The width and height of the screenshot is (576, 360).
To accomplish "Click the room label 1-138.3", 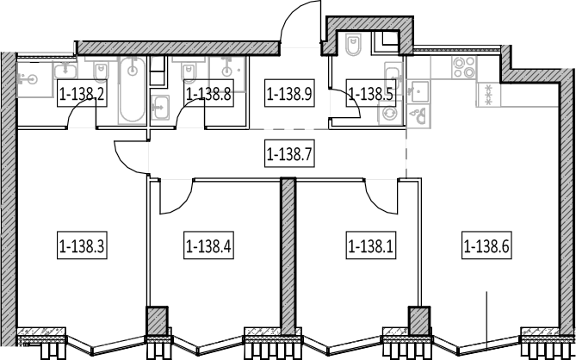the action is click(82, 246).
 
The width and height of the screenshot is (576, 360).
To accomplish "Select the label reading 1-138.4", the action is click(208, 246).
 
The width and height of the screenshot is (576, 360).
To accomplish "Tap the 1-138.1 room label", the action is click(370, 246).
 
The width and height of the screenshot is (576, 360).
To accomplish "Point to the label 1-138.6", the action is click(486, 246).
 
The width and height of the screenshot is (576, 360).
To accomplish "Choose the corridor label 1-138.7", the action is click(289, 154).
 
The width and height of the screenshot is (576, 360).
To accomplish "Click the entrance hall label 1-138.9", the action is click(289, 94).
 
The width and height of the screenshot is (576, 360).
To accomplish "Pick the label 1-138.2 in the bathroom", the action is click(82, 94).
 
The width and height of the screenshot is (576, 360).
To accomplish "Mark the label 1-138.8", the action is click(208, 94).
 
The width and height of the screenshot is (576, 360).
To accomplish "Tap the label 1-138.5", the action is click(370, 94).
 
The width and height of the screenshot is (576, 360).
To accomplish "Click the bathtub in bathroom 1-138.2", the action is click(133, 90).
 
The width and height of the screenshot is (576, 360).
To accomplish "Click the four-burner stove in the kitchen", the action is click(464, 67).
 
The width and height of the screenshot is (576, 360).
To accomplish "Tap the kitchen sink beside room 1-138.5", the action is click(418, 91).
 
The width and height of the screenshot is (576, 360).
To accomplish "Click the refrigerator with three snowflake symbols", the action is click(488, 95).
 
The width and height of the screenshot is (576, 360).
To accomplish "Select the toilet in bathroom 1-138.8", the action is click(189, 71).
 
